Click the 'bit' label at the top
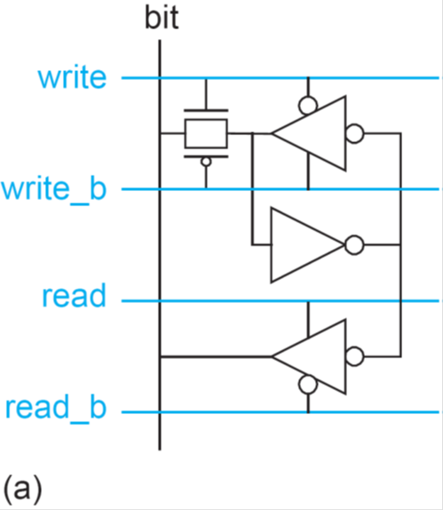point(162,18)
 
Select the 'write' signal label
point(72,77)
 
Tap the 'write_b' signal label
point(54,189)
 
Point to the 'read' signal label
point(74,295)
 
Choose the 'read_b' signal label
point(56,408)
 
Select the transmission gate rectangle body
point(206,133)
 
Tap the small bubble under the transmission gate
point(206,162)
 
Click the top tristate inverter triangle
point(309,133)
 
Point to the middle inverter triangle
point(307,245)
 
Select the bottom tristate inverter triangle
point(309,357)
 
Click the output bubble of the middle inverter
point(354,245)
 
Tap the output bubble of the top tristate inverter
point(354,133)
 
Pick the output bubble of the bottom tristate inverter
point(354,357)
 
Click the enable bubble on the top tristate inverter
point(308,106)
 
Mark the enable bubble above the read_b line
point(308,385)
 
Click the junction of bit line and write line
point(160,78)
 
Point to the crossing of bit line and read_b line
point(160,412)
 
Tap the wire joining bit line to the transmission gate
point(172,133)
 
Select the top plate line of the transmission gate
point(206,110)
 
